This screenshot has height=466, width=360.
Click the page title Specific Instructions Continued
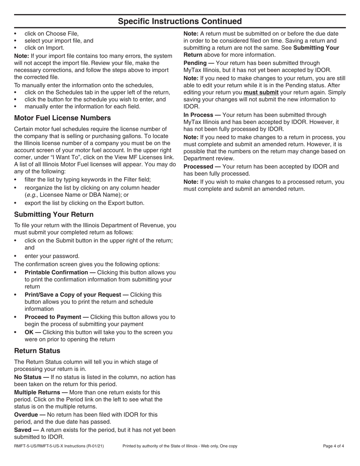point(180,21)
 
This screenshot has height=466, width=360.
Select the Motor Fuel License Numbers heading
point(63,118)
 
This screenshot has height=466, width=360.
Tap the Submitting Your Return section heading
point(54,214)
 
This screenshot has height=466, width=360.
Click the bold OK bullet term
point(30,332)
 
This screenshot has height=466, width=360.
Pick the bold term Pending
point(196,63)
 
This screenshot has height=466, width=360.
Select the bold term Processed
point(198,167)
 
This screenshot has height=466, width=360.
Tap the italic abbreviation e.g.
point(31,195)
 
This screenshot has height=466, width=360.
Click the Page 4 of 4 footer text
point(333,446)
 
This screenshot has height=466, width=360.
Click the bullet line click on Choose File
point(52,33)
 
